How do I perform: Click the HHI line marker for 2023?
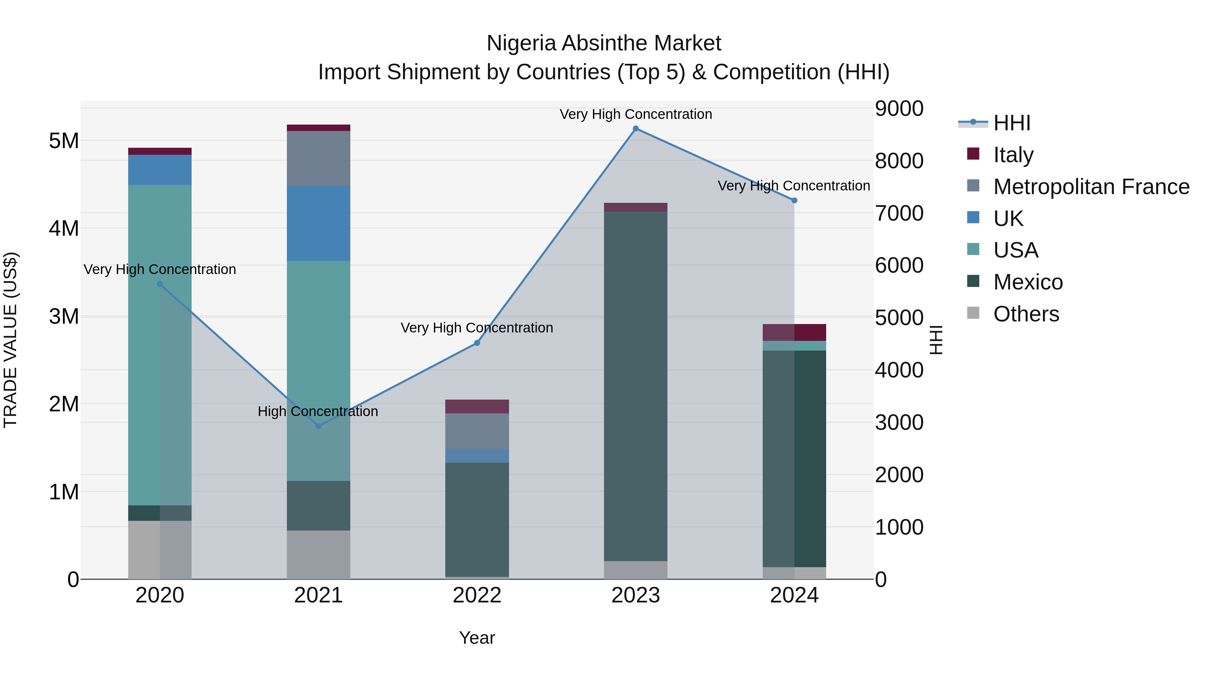(636, 129)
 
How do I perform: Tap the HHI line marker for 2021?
(318, 426)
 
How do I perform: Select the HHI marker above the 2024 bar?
(794, 200)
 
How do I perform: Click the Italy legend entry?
(1013, 154)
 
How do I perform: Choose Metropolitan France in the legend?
(1091, 186)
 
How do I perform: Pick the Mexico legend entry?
(1027, 282)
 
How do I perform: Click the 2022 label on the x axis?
(477, 595)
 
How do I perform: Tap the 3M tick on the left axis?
(64, 317)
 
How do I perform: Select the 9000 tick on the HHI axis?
(899, 108)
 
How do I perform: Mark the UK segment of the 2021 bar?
(318, 223)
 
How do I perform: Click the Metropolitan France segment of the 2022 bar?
(477, 431)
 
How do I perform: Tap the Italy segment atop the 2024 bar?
(794, 332)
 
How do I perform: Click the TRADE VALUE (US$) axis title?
(10, 340)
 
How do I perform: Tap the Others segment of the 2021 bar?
(318, 555)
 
